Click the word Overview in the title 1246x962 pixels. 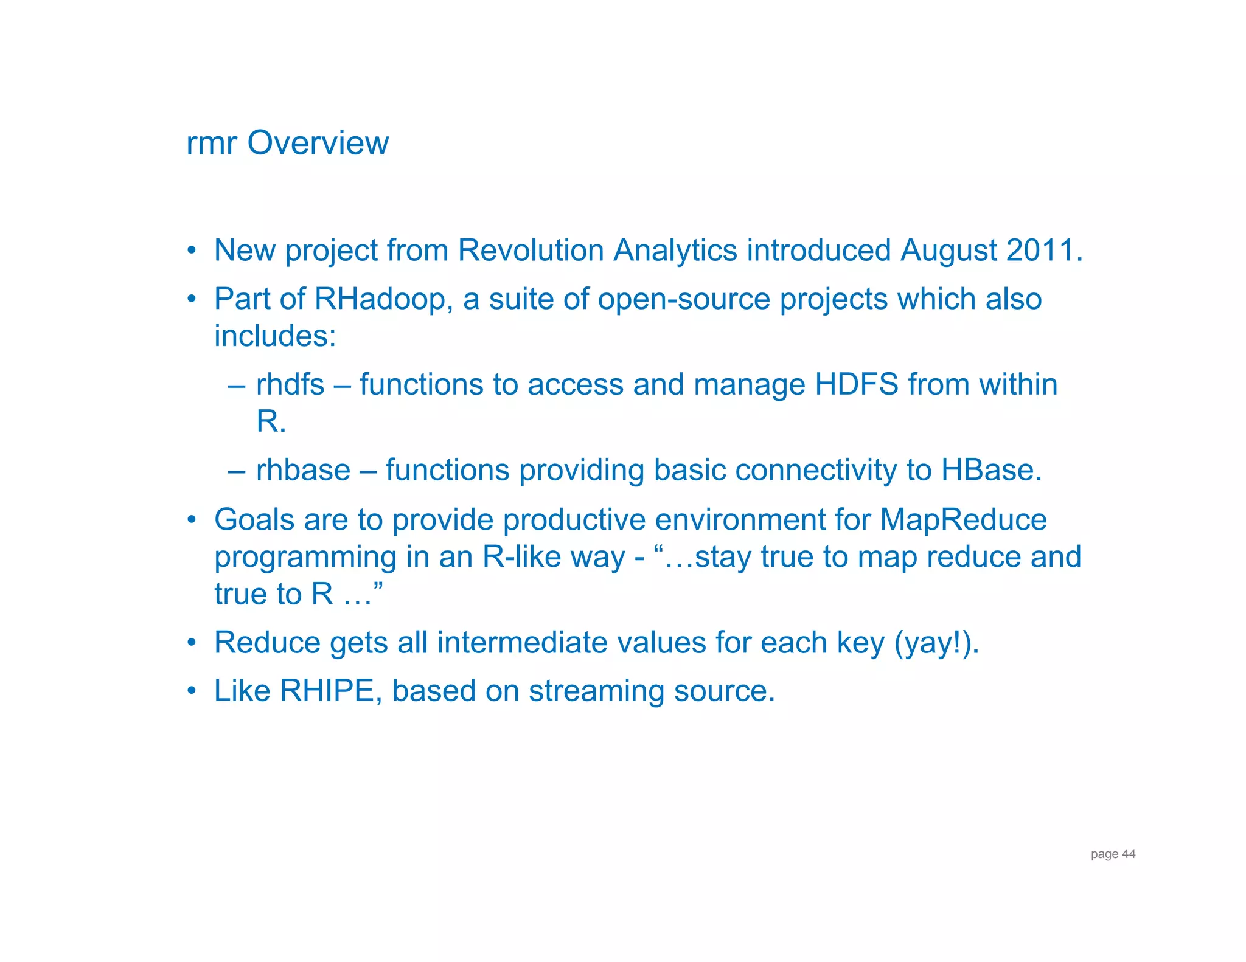pyautogui.click(x=318, y=144)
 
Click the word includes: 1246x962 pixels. pyautogui.click(x=275, y=336)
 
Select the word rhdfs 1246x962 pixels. pyautogui.click(x=290, y=385)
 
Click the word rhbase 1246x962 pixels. pyautogui.click(x=303, y=471)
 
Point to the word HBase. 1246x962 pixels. pyautogui.click(x=991, y=471)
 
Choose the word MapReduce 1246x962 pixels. pyautogui.click(x=963, y=521)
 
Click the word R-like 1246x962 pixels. pyautogui.click(x=522, y=557)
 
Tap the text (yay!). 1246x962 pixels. pyautogui.click(x=936, y=643)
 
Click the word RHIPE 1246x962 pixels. pyautogui.click(x=327, y=691)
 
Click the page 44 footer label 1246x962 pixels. pyautogui.click(x=1113, y=854)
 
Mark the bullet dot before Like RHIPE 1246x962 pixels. pyautogui.click(x=192, y=691)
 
